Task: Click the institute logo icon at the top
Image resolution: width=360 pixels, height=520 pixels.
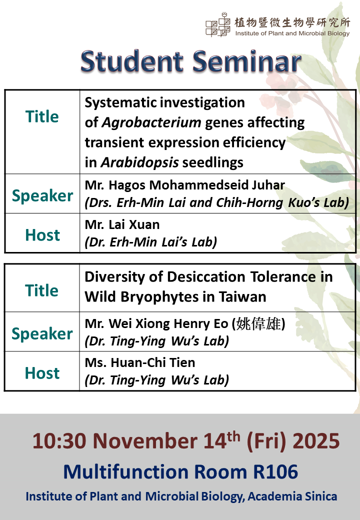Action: click(x=218, y=24)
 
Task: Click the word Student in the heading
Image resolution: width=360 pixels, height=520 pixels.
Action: click(x=132, y=61)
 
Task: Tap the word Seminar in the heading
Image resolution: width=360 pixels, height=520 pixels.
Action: click(x=247, y=61)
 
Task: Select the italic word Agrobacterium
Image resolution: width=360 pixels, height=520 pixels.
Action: click(x=151, y=122)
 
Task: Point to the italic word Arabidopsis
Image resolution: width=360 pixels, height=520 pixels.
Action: click(x=140, y=162)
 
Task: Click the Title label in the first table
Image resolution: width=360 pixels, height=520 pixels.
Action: click(x=42, y=116)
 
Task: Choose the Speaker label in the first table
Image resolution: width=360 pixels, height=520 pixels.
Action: click(x=42, y=195)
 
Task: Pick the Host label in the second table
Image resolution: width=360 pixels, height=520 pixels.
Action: click(x=42, y=373)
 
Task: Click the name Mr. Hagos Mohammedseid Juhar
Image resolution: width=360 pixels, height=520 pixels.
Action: click(x=185, y=185)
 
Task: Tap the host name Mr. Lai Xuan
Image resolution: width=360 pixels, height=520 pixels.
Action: click(x=122, y=224)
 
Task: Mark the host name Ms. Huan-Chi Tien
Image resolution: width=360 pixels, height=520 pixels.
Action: click(x=140, y=362)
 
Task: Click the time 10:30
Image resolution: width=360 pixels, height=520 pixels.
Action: click(x=59, y=441)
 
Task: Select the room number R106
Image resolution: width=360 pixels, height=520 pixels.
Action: click(x=275, y=471)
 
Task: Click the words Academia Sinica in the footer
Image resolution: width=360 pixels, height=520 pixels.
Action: click(x=292, y=496)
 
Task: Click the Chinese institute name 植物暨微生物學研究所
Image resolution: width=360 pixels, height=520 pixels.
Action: click(x=292, y=22)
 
